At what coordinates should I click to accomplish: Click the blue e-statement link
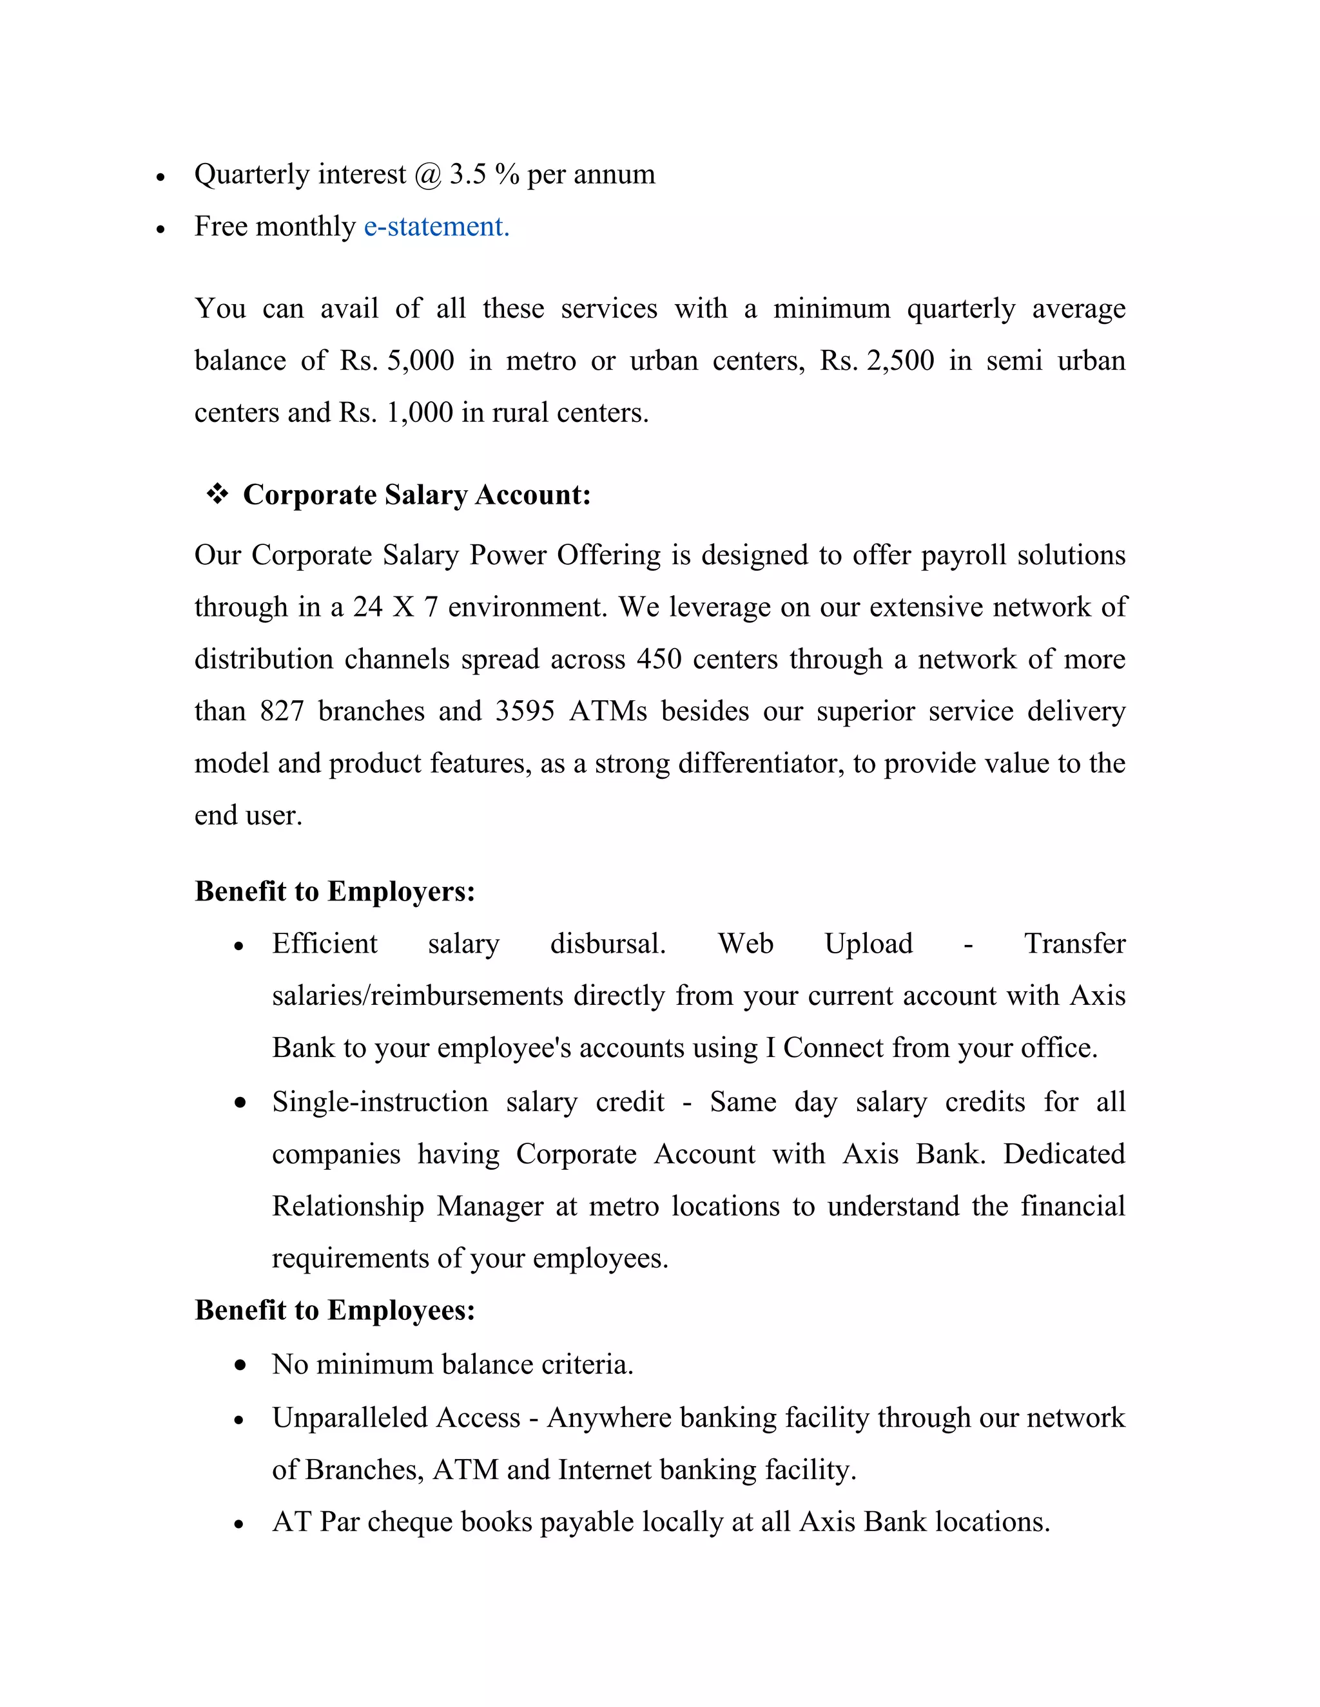click(x=436, y=227)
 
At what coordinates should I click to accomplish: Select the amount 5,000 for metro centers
click(x=421, y=360)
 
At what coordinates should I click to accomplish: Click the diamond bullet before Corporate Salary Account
click(x=217, y=494)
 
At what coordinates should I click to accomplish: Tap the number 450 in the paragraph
click(x=659, y=659)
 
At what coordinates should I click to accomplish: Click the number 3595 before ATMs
click(x=525, y=711)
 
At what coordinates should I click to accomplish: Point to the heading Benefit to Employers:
click(x=335, y=891)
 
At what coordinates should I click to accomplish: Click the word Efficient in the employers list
click(x=325, y=944)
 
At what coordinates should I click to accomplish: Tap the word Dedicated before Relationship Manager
click(x=1063, y=1154)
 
